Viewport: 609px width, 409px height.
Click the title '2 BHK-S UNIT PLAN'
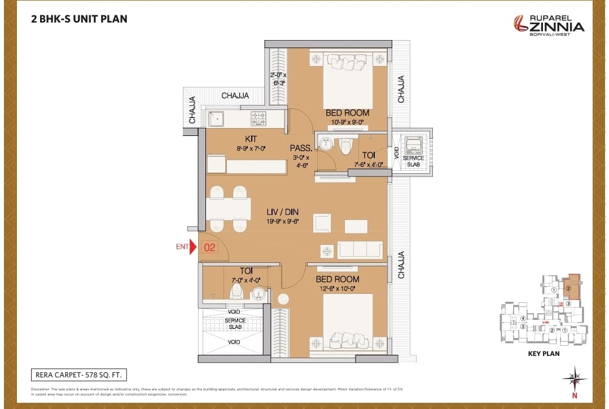[79, 19]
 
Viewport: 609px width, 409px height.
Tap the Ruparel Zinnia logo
[548, 24]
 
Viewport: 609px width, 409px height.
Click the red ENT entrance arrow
[194, 247]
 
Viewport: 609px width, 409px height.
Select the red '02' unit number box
[210, 247]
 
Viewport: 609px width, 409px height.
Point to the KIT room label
[251, 139]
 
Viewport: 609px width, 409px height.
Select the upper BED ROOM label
[347, 113]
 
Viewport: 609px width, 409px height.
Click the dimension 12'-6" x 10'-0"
[338, 289]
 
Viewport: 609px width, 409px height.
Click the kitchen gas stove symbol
[259, 118]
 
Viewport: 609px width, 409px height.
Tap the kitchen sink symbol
[216, 118]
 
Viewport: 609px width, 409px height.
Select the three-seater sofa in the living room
[360, 249]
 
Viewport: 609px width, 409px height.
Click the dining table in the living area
[229, 209]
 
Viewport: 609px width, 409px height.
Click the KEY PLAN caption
[544, 354]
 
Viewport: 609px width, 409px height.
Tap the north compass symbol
[574, 380]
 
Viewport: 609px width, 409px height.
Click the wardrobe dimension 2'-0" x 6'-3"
[277, 78]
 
